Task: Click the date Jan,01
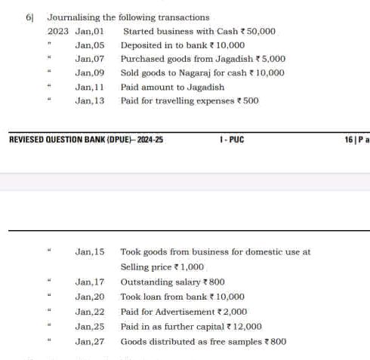(x=89, y=32)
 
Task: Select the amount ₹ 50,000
(x=257, y=32)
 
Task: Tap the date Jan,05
(x=89, y=45)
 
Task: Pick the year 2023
(x=58, y=32)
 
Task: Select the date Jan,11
(x=89, y=87)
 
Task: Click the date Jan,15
(x=89, y=252)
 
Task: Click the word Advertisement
(x=177, y=312)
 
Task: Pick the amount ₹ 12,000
(x=243, y=327)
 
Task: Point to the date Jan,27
(x=89, y=342)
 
